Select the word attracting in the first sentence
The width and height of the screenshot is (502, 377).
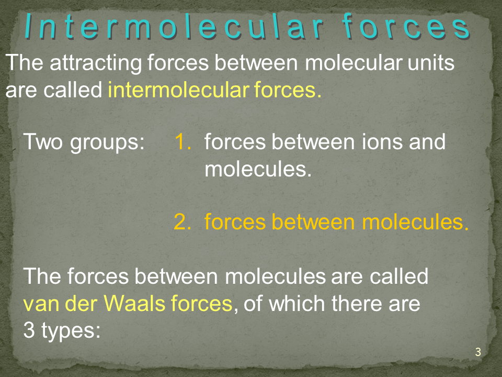[x=96, y=63]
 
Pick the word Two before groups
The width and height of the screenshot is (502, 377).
[x=43, y=141]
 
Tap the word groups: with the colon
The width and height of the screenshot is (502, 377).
[x=108, y=142]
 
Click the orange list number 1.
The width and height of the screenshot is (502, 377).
[x=183, y=141]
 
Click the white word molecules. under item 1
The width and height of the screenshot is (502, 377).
[x=258, y=169]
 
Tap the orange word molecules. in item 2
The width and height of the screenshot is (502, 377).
[x=415, y=221]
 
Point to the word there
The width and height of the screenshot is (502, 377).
[x=356, y=303]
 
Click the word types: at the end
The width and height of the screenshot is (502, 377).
[x=71, y=331]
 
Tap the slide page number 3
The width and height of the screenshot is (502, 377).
[x=478, y=352]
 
